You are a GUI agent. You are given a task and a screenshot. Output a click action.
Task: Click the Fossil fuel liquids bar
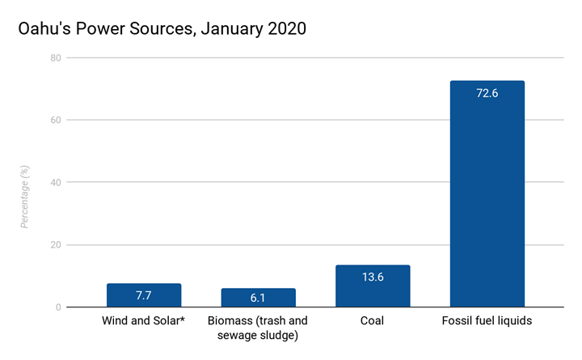(487, 194)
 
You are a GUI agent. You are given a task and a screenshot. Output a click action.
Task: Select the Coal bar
(373, 286)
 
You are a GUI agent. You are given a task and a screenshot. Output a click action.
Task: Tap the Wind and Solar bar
(144, 295)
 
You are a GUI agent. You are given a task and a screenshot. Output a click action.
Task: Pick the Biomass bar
(258, 298)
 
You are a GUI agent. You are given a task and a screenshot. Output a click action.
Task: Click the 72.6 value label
(487, 93)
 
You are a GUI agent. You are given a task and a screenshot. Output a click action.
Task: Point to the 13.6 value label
(373, 277)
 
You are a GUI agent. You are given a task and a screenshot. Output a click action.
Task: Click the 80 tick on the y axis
(54, 58)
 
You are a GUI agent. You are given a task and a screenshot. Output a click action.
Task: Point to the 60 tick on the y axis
(54, 121)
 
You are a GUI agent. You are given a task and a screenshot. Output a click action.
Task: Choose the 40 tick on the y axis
(54, 183)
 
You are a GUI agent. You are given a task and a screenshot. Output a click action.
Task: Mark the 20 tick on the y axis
(54, 245)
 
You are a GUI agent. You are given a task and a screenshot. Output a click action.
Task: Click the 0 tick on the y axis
(57, 307)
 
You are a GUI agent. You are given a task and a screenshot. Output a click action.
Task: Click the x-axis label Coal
(373, 321)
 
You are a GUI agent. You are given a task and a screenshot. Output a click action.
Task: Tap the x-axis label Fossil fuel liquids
(487, 321)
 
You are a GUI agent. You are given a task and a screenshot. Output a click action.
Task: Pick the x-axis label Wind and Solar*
(144, 321)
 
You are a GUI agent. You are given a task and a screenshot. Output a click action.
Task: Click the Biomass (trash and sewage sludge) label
(258, 328)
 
